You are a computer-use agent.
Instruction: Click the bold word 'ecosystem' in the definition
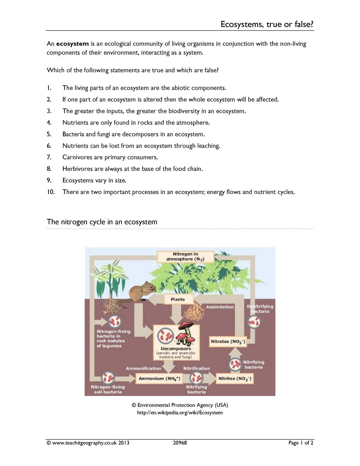(73, 44)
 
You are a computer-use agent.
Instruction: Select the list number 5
(49, 134)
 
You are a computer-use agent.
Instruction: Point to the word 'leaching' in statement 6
(209, 146)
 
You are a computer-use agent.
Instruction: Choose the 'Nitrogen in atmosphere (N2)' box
(186, 256)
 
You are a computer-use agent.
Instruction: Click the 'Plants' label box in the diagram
(178, 299)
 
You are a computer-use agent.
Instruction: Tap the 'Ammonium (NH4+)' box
(159, 378)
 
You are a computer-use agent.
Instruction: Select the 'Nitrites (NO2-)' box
(235, 378)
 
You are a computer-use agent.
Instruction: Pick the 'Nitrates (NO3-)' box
(228, 341)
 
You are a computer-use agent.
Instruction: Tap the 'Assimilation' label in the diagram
(220, 307)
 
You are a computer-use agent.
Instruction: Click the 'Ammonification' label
(143, 368)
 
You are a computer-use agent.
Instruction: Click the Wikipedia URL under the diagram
(180, 413)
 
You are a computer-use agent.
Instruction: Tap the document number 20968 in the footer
(180, 443)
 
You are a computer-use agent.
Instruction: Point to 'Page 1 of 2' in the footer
(301, 443)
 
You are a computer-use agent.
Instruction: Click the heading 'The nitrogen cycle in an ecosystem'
(102, 222)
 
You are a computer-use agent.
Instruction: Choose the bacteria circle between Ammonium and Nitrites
(197, 378)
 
